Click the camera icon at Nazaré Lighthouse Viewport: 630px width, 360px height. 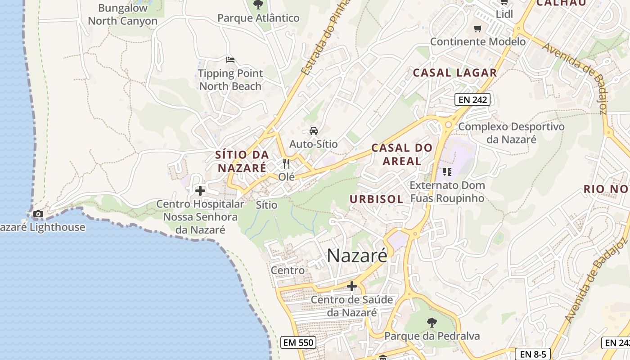click(38, 214)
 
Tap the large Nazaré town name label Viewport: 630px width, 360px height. click(357, 256)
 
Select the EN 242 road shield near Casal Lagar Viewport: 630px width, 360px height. click(472, 99)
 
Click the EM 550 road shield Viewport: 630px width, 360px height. click(298, 342)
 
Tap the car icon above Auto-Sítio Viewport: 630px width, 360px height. click(313, 131)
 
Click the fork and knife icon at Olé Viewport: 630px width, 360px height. click(286, 163)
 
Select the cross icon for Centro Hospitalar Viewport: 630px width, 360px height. click(200, 191)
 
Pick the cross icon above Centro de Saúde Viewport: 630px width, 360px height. click(352, 286)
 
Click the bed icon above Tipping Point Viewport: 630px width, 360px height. click(230, 60)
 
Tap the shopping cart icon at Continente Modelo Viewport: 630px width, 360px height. click(478, 29)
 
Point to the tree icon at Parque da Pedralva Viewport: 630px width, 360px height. click(432, 322)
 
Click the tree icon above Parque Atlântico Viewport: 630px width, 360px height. click(258, 5)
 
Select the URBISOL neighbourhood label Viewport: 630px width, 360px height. click(376, 199)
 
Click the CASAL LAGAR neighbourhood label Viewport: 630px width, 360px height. click(454, 72)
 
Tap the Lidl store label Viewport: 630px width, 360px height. click(504, 14)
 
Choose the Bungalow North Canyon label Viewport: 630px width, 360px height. click(122, 14)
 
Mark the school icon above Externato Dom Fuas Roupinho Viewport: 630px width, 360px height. click(447, 171)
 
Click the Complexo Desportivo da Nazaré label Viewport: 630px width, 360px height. click(511, 133)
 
